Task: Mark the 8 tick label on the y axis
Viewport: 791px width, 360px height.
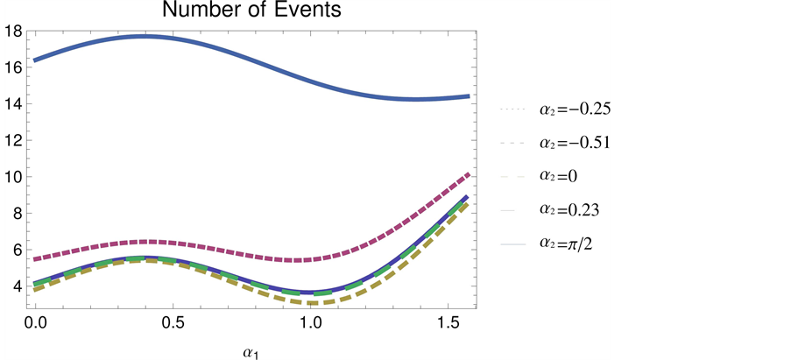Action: (16, 213)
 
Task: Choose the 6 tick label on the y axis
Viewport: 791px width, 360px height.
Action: (16, 250)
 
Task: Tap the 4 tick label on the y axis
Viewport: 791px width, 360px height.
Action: (16, 286)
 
